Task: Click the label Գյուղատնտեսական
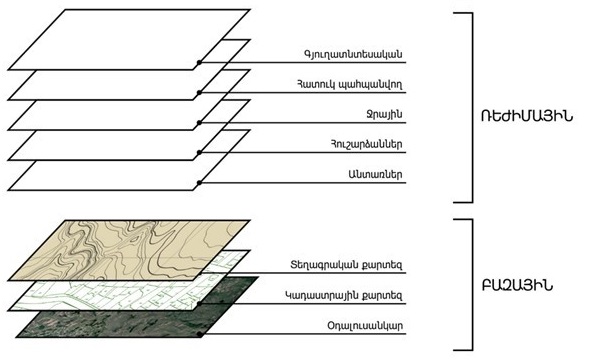click(x=353, y=54)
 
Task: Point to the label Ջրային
click(x=384, y=114)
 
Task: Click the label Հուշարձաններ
click(x=366, y=144)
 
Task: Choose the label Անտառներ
click(x=375, y=174)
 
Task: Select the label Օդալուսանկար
click(x=365, y=325)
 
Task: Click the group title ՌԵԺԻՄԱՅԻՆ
click(x=527, y=116)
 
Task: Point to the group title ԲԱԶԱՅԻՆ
click(x=517, y=286)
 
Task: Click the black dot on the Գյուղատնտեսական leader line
click(x=199, y=62)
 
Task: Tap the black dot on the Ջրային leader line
click(x=199, y=123)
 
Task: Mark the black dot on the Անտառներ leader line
click(x=199, y=183)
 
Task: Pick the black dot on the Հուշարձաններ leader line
click(x=199, y=153)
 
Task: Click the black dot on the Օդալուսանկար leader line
click(x=200, y=334)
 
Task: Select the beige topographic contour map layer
click(x=128, y=250)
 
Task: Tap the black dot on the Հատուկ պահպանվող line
click(x=199, y=92)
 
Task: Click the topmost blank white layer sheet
click(x=128, y=40)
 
